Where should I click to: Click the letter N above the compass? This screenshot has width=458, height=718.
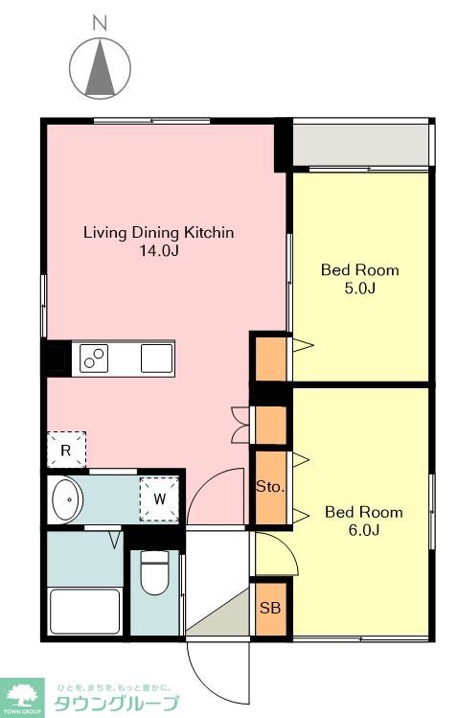100,23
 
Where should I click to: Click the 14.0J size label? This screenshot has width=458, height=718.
159,250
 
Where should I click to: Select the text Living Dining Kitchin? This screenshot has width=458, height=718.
159,232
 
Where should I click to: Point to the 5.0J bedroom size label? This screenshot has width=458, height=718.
360,288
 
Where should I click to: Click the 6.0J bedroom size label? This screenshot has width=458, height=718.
364,530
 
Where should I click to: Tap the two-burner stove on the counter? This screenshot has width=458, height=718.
94,359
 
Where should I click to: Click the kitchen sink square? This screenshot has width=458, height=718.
156,359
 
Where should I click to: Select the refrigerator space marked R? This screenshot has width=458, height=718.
66,450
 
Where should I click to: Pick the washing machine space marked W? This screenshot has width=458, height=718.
159,498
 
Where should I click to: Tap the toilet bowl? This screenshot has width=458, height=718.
154,572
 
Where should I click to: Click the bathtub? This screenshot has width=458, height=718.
85,612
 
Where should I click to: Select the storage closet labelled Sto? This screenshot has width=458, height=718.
271,487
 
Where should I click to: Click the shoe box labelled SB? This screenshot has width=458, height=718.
270,609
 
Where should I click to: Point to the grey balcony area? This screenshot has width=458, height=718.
360,145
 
